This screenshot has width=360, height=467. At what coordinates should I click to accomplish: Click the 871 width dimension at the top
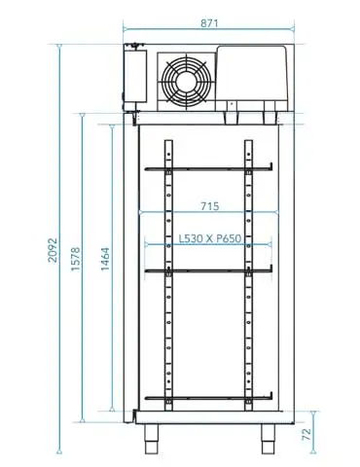(208, 20)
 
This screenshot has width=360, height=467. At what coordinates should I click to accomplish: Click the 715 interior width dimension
(209, 205)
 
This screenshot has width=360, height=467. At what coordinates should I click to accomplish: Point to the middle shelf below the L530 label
(208, 269)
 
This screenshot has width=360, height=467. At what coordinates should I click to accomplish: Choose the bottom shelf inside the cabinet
(208, 398)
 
